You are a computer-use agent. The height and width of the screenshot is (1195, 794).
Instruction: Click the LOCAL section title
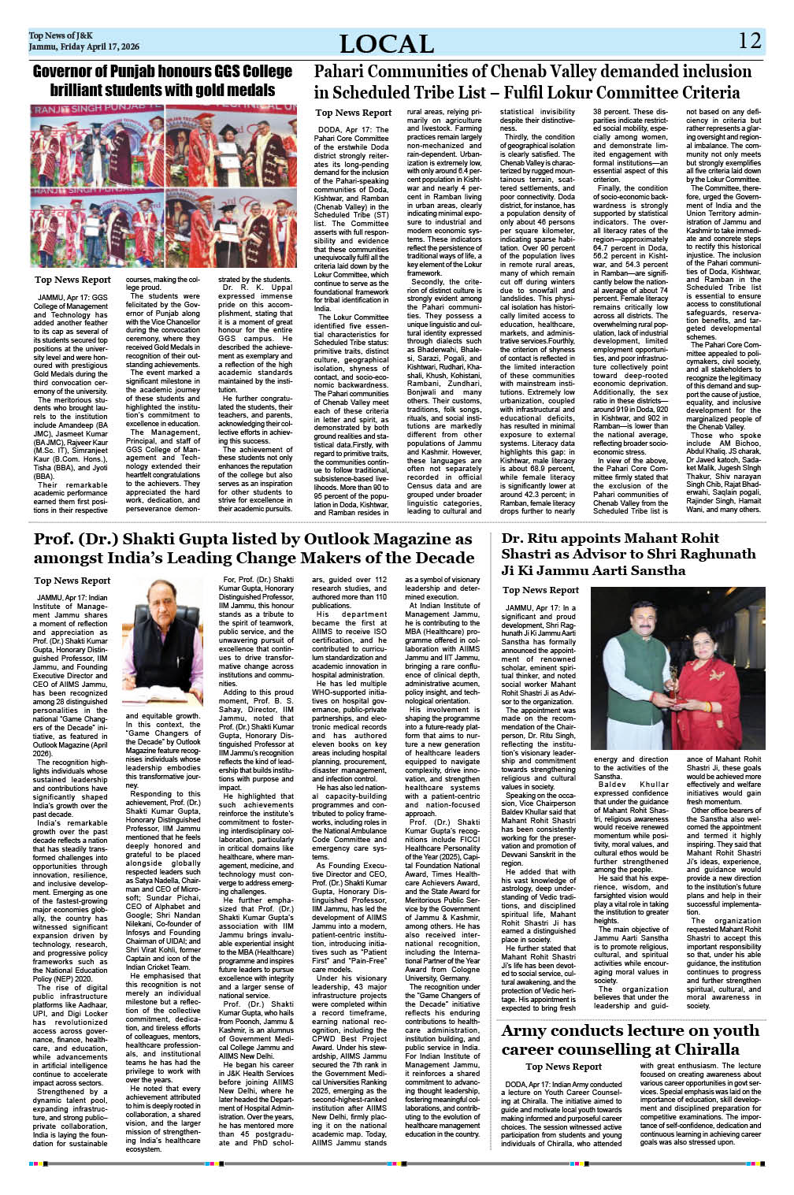(x=386, y=43)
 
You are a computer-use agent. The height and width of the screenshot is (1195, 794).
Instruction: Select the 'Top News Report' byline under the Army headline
(x=563, y=1067)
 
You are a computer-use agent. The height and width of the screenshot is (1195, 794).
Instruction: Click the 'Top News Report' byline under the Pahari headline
(x=353, y=113)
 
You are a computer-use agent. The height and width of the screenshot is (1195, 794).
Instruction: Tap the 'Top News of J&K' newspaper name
(x=61, y=35)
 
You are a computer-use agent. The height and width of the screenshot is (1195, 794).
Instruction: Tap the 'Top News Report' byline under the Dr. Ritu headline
(x=540, y=590)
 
